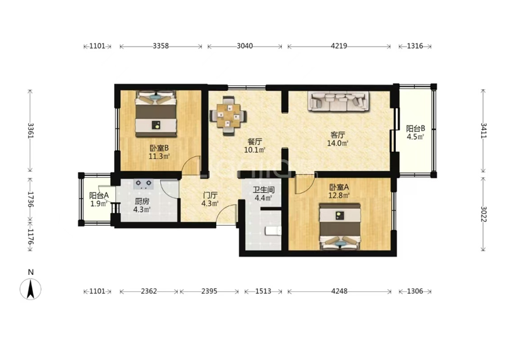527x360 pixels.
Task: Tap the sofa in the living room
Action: [339, 101]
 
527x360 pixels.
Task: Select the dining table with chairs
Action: [228, 116]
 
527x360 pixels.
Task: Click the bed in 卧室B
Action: [156, 114]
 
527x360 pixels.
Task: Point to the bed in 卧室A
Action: [340, 226]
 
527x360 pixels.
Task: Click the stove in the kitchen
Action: [144, 184]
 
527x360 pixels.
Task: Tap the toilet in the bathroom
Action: [272, 231]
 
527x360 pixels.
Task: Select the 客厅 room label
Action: [337, 135]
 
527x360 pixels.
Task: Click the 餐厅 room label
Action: [255, 142]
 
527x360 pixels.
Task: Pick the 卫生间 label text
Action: [264, 190]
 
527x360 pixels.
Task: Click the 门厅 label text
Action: [210, 195]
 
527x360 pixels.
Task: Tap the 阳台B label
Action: [416, 129]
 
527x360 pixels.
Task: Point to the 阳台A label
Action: [99, 195]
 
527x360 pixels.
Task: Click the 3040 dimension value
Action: [245, 46]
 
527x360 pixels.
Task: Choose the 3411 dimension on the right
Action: [484, 131]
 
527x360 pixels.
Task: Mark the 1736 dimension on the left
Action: [31, 200]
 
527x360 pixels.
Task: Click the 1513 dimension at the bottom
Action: [263, 291]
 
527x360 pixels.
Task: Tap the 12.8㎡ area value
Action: [339, 195]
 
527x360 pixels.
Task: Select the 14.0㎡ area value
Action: [337, 144]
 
